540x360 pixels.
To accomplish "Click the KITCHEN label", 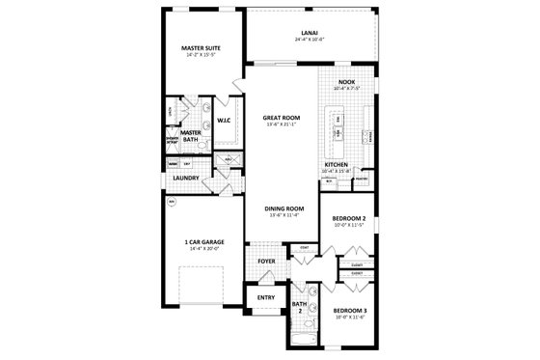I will [x=336, y=165].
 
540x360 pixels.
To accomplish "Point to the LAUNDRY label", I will [x=186, y=179].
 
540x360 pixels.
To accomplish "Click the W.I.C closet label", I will [x=224, y=121].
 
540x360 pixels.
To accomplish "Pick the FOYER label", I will [x=266, y=262].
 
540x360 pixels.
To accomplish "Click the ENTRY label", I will [x=266, y=297].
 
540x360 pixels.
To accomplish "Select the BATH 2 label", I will [x=299, y=306].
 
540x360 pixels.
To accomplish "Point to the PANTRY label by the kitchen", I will [x=362, y=179].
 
